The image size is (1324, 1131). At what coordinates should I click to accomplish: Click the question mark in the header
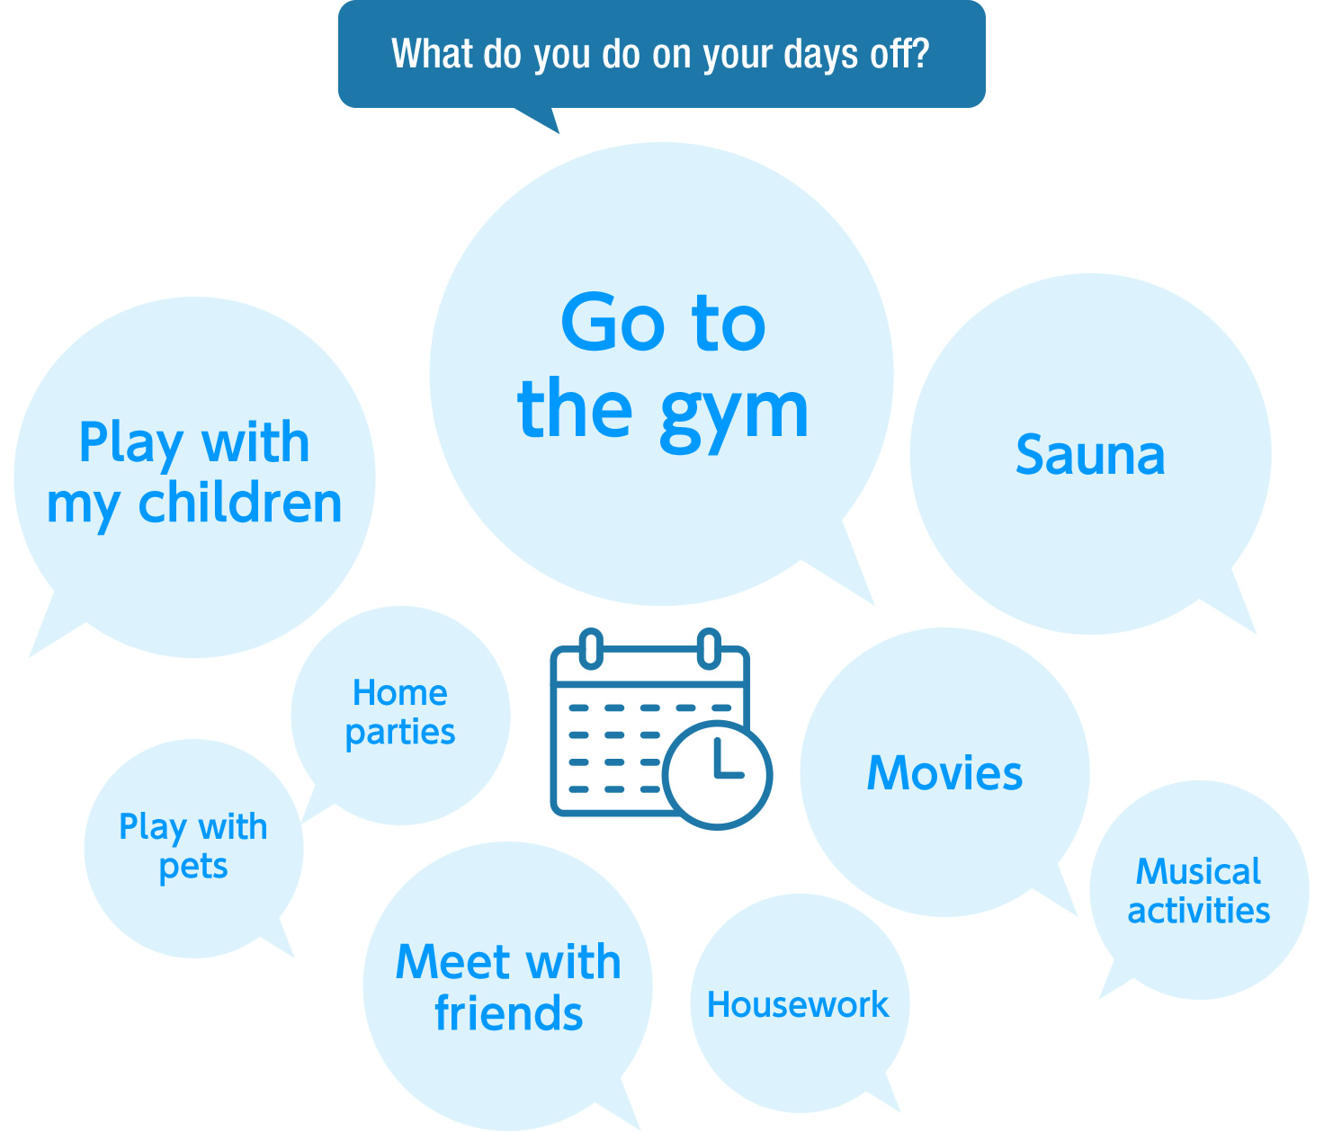point(919,53)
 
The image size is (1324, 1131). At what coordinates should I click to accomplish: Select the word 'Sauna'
point(1089,455)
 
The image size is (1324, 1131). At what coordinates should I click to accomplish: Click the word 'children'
point(239,503)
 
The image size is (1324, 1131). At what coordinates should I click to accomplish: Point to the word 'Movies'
point(944,773)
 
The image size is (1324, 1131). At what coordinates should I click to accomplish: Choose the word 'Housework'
point(798,1004)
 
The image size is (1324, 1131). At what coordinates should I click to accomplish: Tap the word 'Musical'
point(1198,871)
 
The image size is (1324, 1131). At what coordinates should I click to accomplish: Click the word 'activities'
point(1198,910)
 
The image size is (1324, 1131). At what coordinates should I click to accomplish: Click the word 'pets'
point(193,868)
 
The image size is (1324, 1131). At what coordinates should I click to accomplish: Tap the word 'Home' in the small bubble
point(400,692)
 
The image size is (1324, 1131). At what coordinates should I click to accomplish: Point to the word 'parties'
point(400,734)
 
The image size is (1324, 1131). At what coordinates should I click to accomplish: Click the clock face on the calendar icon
point(718,775)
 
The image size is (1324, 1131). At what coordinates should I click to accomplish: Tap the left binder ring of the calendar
point(591,649)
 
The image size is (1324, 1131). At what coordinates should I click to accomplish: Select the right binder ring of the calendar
point(709,649)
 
